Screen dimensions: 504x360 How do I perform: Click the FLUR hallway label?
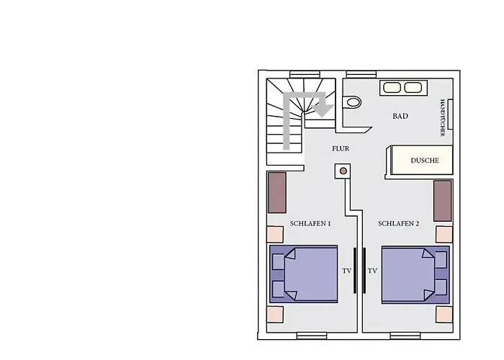tap(341, 148)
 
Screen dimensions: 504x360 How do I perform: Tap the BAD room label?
tap(400, 116)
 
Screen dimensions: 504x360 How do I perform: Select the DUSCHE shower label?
tap(425, 161)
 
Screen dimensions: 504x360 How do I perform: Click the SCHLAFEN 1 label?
tap(310, 223)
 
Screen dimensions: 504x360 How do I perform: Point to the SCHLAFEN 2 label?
tap(399, 223)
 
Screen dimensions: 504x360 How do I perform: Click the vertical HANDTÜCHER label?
tap(443, 117)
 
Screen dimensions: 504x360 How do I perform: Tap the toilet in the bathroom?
tap(352, 102)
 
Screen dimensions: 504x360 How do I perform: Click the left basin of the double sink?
tap(392, 87)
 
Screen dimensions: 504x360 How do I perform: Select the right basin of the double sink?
tap(413, 87)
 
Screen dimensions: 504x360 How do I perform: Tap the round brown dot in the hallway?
tap(343, 171)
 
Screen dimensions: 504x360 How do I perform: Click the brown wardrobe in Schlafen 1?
tap(277, 192)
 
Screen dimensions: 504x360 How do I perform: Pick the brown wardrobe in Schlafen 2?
tap(443, 201)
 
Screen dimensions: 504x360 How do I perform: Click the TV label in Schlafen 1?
tap(346, 271)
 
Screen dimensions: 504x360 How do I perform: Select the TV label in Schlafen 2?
tap(372, 271)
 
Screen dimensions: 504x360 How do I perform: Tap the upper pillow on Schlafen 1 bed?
tap(279, 261)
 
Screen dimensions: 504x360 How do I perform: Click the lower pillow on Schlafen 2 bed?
tap(441, 287)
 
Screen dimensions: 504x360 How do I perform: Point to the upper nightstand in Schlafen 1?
tap(275, 234)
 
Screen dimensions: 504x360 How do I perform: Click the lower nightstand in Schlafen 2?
tap(444, 315)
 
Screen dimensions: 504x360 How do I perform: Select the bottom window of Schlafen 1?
tap(312, 336)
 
